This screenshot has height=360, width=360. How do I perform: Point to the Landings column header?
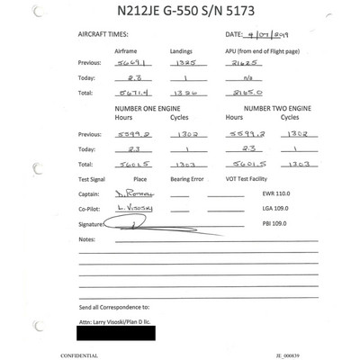[x=176, y=53]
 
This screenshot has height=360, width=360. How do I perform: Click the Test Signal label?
[x=96, y=180]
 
